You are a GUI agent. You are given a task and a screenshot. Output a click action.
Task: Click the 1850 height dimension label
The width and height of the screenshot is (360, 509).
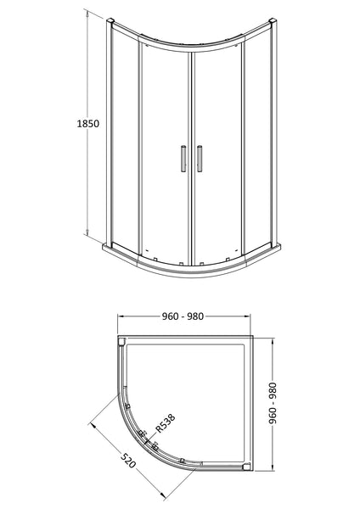point(87,124)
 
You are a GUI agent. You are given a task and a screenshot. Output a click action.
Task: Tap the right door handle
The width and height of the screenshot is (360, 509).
point(200,159)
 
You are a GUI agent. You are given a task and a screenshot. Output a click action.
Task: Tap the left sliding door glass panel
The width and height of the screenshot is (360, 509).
point(161,153)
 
